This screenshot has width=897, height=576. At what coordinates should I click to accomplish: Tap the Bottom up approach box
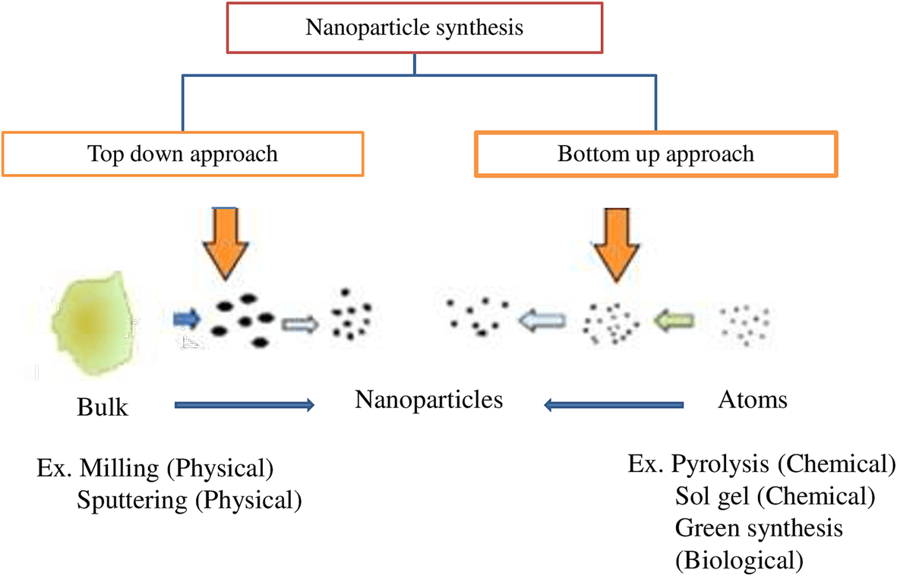(655, 154)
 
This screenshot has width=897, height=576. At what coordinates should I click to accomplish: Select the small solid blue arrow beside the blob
(185, 318)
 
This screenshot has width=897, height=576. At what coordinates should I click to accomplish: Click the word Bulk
(103, 407)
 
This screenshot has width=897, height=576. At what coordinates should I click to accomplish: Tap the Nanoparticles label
(428, 400)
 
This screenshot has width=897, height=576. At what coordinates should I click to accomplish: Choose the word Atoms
(752, 400)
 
